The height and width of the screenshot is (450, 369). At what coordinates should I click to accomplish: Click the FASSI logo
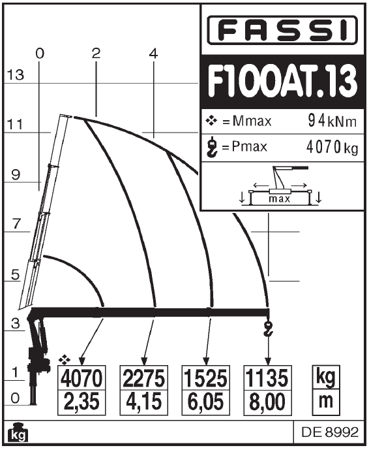(x=282, y=30)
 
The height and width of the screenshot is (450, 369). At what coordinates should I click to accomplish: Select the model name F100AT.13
(x=283, y=81)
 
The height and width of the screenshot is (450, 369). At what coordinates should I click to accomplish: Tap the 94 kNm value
(x=332, y=121)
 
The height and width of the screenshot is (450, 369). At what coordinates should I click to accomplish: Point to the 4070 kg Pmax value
(x=332, y=147)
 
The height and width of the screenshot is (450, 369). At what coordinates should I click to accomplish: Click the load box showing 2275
(x=143, y=378)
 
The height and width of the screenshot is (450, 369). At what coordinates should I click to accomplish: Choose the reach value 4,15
(x=143, y=402)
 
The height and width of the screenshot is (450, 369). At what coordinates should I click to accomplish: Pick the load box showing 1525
(x=206, y=378)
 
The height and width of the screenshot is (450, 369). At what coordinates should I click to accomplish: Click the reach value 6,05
(x=206, y=402)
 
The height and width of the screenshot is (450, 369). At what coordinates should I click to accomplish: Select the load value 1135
(x=267, y=378)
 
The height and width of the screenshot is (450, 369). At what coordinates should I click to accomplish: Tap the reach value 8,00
(x=267, y=402)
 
